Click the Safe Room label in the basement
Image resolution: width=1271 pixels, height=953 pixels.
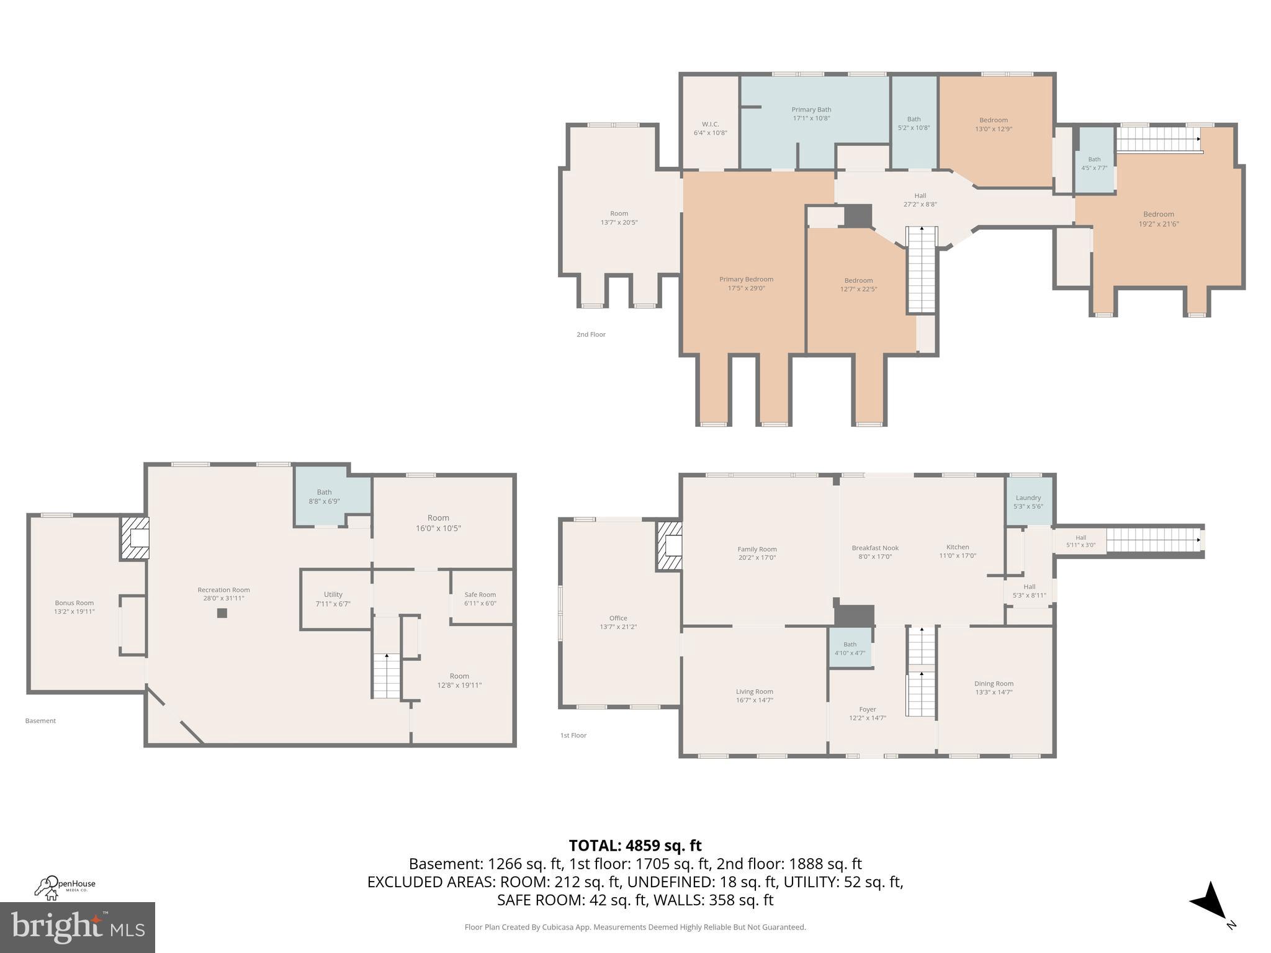[480, 594]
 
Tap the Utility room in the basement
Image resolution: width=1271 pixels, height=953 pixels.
[333, 599]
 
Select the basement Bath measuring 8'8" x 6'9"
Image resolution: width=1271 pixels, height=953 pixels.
[324, 496]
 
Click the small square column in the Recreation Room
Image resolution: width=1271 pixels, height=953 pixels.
[222, 613]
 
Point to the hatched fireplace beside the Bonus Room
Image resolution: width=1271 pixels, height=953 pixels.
[135, 539]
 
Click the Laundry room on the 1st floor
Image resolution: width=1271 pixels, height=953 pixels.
[1028, 501]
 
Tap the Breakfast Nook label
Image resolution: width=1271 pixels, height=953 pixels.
[875, 548]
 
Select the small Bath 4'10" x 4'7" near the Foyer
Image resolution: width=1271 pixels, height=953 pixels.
[850, 648]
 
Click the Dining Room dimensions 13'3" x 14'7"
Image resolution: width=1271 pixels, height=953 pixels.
[994, 692]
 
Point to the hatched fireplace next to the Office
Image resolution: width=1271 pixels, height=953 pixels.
[670, 545]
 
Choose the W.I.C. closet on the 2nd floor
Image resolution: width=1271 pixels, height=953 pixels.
[710, 128]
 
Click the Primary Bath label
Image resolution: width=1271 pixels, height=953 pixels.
[811, 110]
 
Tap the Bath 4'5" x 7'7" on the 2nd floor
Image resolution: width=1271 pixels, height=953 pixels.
[1094, 163]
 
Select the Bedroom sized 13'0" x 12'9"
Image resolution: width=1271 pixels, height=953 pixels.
[994, 124]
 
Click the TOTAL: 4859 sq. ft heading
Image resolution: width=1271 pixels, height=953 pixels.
[635, 846]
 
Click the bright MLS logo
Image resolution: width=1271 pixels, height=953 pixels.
[77, 928]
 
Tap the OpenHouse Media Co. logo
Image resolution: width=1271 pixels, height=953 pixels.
[65, 888]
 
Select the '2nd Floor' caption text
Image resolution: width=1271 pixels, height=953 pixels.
[591, 334]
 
